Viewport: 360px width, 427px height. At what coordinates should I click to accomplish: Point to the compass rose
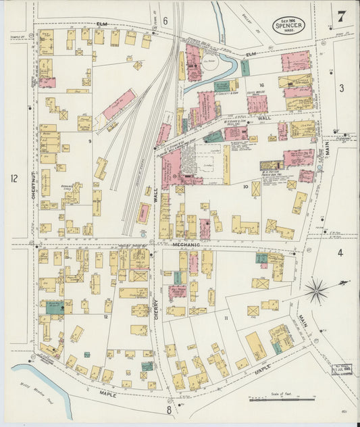click(315, 291)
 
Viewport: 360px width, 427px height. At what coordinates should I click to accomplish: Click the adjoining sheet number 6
click(165, 21)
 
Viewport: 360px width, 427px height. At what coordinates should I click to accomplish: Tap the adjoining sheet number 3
click(341, 88)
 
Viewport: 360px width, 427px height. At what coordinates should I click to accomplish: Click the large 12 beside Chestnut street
click(14, 178)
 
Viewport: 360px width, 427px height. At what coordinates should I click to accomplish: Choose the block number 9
click(90, 141)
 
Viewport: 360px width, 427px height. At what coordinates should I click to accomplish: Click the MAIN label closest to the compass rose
click(301, 316)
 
